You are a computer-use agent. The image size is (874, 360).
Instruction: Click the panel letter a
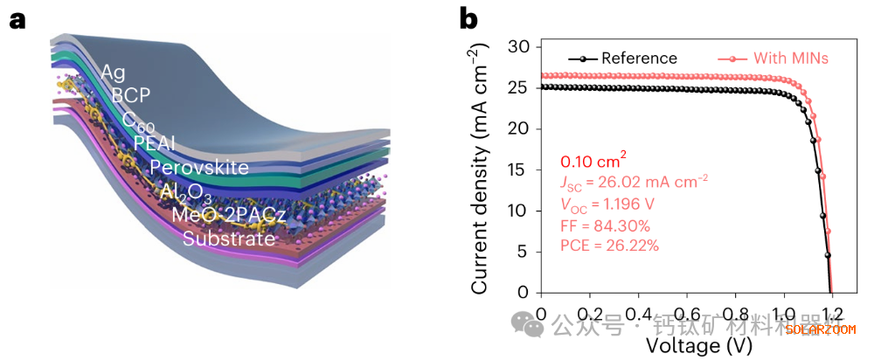pyautogui.click(x=18, y=19)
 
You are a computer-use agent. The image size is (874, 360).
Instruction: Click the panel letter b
pyautogui.click(x=468, y=19)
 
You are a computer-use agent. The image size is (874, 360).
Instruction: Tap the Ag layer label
pyautogui.click(x=114, y=72)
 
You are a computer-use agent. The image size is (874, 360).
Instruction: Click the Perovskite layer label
pyautogui.click(x=199, y=167)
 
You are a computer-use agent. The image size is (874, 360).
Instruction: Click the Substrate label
pyautogui.click(x=229, y=239)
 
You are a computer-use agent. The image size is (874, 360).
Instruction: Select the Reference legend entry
pyautogui.click(x=639, y=59)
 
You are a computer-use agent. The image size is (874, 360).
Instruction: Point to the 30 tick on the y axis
pyautogui.click(x=522, y=46)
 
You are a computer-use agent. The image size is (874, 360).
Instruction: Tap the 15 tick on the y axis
pyautogui.click(x=522, y=170)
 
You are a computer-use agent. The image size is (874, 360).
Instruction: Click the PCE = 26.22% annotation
pyautogui.click(x=609, y=246)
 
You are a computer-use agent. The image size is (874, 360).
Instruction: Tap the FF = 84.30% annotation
pyautogui.click(x=604, y=225)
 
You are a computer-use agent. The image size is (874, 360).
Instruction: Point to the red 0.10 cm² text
pyautogui.click(x=593, y=161)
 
